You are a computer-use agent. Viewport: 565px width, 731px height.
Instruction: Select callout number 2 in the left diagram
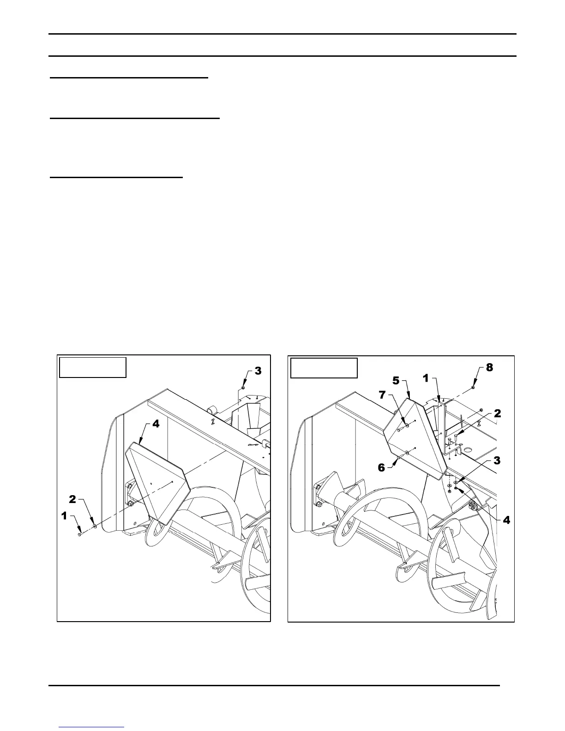(72, 499)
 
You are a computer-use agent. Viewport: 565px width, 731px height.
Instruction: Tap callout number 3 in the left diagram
(258, 371)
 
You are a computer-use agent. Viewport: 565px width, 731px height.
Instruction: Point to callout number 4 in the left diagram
(156, 424)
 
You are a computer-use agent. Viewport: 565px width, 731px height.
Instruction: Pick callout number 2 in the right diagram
(497, 413)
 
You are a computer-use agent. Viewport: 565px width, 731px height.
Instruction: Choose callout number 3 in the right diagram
(497, 460)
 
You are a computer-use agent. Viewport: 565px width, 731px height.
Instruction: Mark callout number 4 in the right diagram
(506, 520)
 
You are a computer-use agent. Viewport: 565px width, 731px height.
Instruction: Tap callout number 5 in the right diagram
(396, 381)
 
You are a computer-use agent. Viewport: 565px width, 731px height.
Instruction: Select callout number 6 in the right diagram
(382, 467)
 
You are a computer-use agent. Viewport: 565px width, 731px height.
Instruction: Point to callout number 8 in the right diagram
(490, 368)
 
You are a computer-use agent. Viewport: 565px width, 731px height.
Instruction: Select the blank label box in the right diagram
(324, 368)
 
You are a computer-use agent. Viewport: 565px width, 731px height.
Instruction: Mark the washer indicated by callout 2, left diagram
(95, 525)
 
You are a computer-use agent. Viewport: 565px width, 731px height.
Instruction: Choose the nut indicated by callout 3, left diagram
(243, 388)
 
